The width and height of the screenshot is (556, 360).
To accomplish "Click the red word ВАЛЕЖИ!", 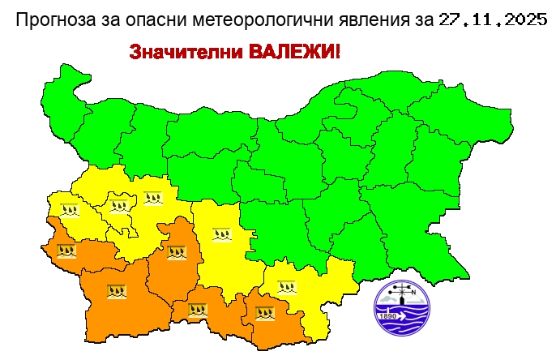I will tap(294, 53).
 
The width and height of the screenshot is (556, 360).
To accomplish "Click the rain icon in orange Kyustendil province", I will tap(66, 250).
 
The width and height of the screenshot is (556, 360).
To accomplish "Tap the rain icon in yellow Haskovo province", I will tap(287, 286).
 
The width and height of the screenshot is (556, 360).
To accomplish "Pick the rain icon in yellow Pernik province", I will tap(71, 208).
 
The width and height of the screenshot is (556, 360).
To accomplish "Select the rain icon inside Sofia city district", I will tap(119, 203).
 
